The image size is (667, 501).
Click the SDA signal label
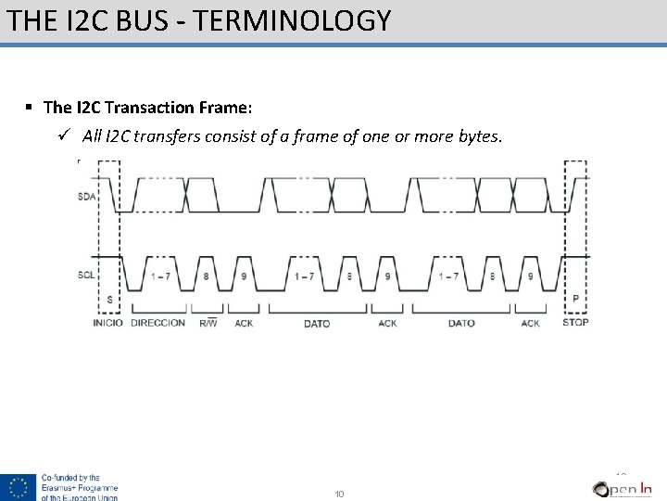(x=86, y=197)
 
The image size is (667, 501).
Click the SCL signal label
(x=86, y=275)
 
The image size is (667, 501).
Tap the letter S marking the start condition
(x=109, y=299)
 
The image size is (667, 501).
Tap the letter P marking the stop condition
(x=575, y=299)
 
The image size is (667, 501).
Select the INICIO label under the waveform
(x=107, y=323)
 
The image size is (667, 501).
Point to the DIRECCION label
(x=157, y=323)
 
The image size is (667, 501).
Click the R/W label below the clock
(x=208, y=323)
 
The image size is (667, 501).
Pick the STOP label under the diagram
(x=575, y=322)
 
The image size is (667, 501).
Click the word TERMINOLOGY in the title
(x=296, y=20)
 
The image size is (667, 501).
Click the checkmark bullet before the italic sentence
(x=63, y=136)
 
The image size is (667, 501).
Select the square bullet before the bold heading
(x=30, y=108)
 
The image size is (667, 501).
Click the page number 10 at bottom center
(x=339, y=494)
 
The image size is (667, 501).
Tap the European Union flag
(x=18, y=487)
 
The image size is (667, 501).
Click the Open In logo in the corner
(x=623, y=488)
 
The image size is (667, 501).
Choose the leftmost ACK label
(x=244, y=323)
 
